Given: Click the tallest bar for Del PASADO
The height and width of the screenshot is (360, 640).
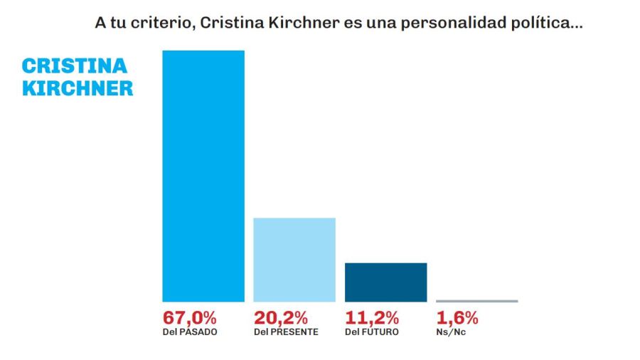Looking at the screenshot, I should [x=203, y=176].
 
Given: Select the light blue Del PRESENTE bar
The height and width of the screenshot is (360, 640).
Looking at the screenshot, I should [x=294, y=259].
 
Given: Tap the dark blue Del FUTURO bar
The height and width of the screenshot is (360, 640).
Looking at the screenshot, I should [x=385, y=282].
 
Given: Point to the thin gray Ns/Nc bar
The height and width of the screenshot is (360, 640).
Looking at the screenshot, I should [x=476, y=301].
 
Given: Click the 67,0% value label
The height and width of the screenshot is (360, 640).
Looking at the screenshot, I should [x=189, y=317].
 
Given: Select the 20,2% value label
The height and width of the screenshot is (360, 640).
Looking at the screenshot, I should [x=280, y=317].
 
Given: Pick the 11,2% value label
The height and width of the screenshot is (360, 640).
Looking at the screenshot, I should [x=371, y=317].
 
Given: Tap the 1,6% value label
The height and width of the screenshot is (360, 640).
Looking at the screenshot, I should [x=457, y=317].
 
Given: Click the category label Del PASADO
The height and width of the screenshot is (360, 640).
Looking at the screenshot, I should [x=190, y=332].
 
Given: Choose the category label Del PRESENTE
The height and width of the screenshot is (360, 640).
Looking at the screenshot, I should [x=286, y=332].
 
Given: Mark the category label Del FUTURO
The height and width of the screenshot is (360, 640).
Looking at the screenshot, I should [x=371, y=332].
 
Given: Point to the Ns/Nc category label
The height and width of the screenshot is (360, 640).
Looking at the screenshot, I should [x=450, y=332].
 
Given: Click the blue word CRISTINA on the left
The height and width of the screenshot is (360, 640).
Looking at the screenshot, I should [x=75, y=66].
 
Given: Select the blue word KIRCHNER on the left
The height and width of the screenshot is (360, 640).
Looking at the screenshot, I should [x=78, y=88].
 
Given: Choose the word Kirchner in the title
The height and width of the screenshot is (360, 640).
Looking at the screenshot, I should [x=291, y=23].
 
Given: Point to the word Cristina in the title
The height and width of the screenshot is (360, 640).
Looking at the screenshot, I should [x=228, y=23].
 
